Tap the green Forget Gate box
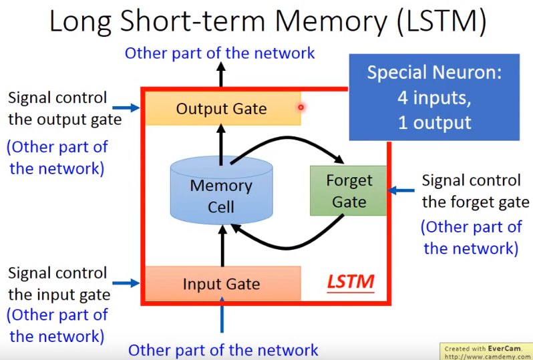(348, 190)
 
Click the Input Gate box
(222, 284)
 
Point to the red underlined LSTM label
(350, 283)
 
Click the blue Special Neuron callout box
(433, 97)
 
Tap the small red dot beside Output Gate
(301, 107)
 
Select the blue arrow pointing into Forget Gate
(401, 190)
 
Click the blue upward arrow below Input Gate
(222, 319)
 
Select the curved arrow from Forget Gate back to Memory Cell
(287, 241)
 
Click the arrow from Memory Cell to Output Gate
(222, 141)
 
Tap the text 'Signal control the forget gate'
(471, 190)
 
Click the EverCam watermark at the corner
(486, 352)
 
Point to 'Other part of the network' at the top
(220, 53)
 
